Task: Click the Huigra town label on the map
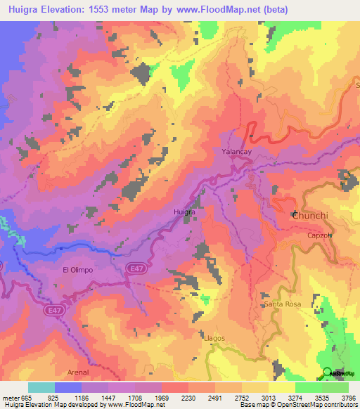[x=184, y=210]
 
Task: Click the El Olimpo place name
[x=78, y=269]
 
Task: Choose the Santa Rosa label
[x=283, y=304]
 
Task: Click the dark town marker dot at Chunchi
[x=295, y=214]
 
